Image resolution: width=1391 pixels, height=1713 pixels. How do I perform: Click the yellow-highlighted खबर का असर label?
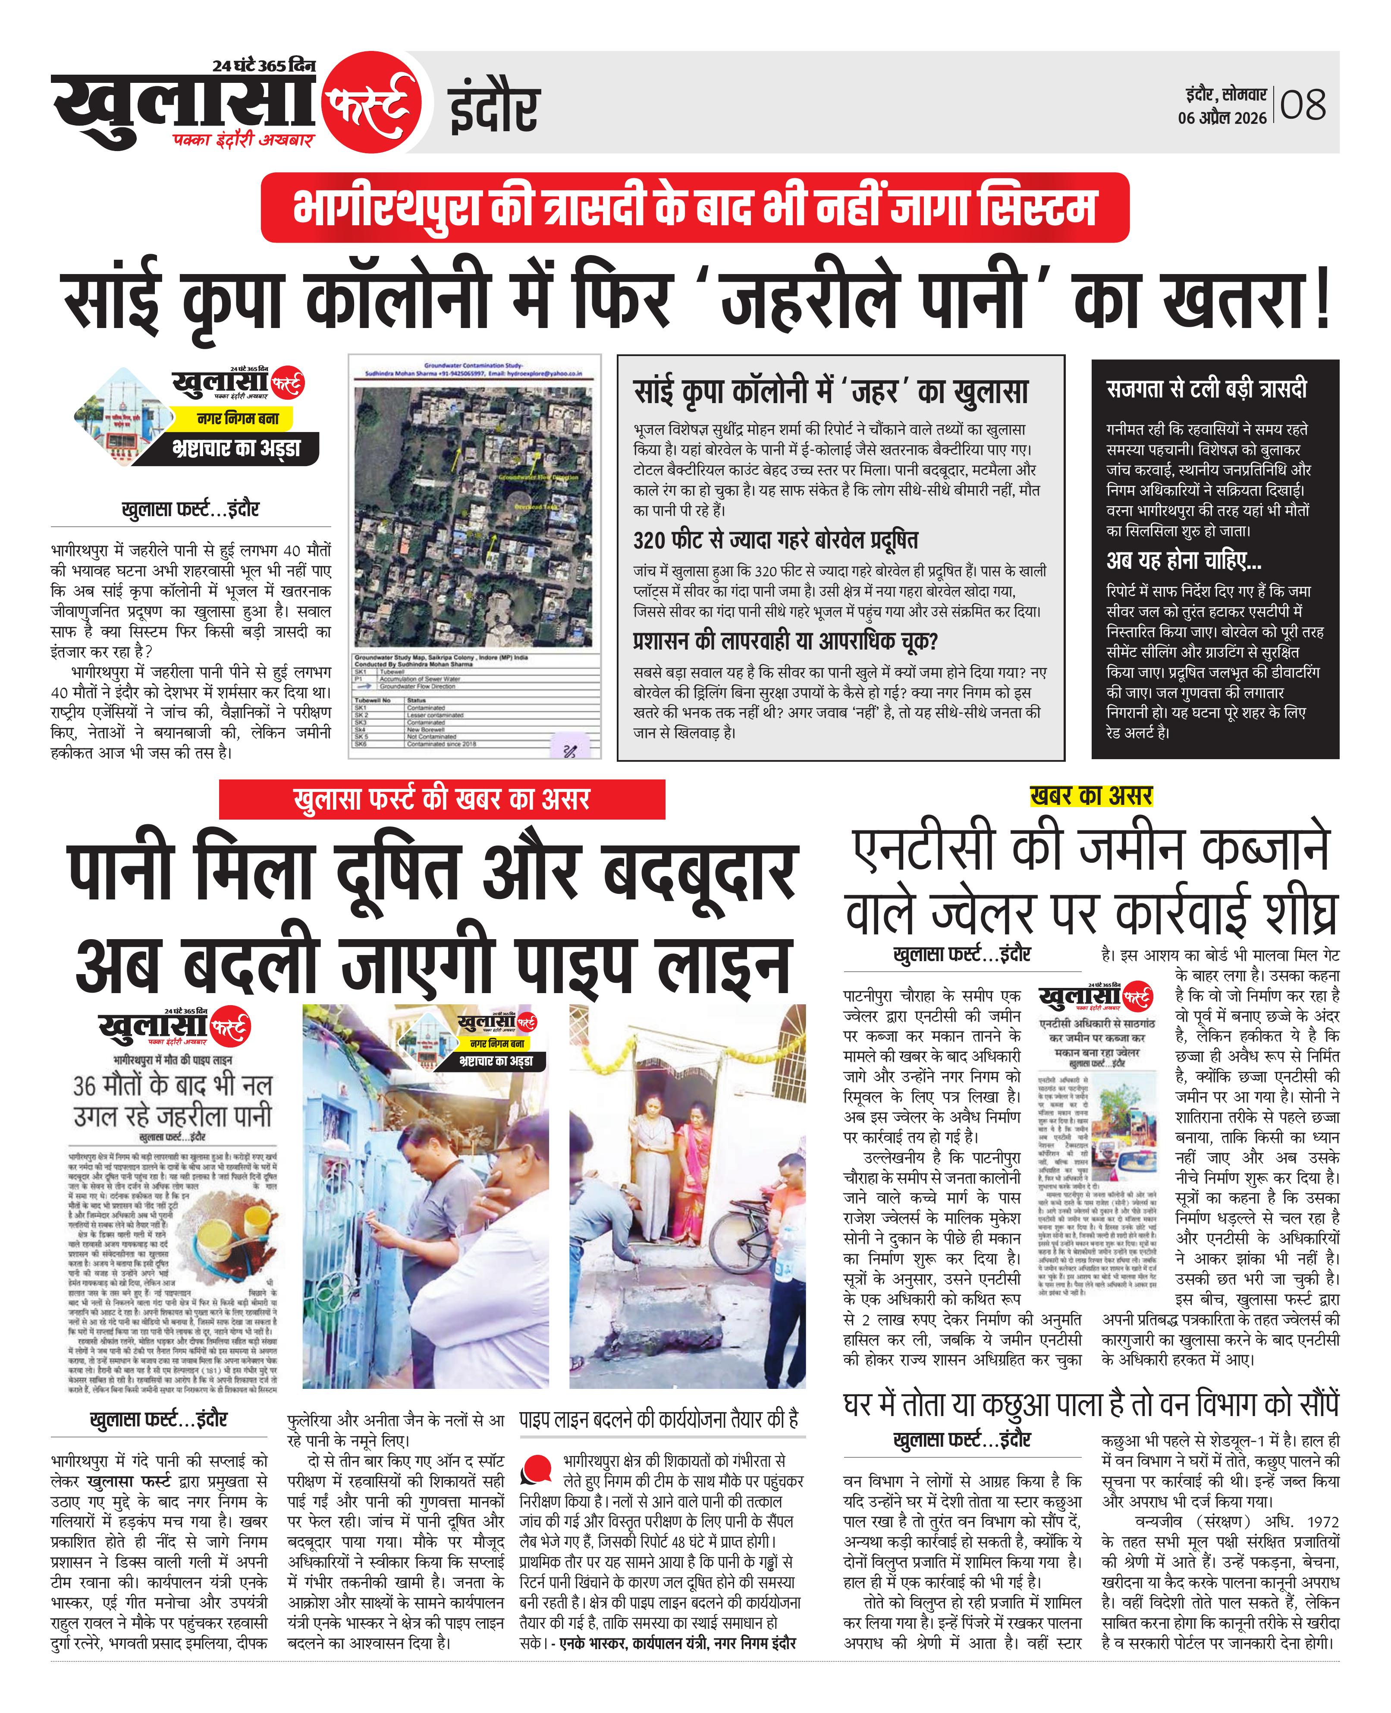tap(1091, 796)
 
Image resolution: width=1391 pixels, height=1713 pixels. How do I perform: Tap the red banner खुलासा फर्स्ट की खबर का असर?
tap(442, 799)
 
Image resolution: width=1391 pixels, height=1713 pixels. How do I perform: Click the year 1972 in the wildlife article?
tap(1322, 1521)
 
